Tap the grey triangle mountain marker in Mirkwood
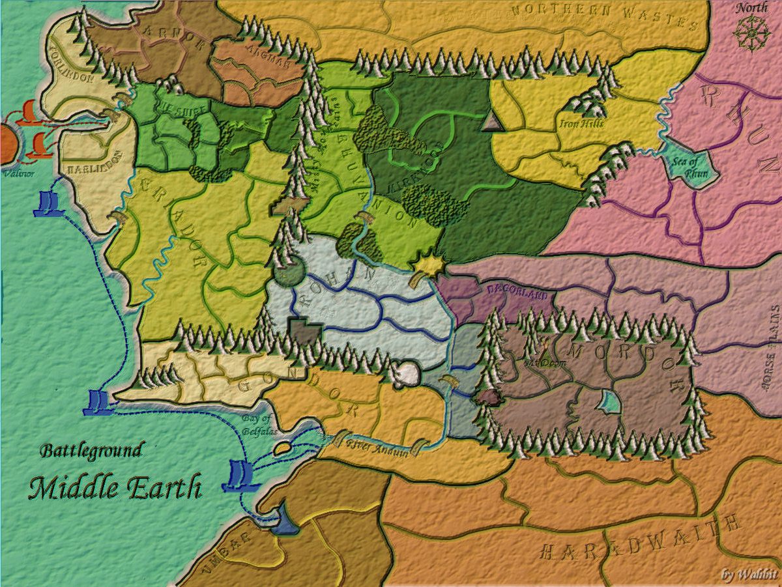[492, 121]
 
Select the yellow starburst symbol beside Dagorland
[431, 263]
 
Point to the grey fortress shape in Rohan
[303, 330]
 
